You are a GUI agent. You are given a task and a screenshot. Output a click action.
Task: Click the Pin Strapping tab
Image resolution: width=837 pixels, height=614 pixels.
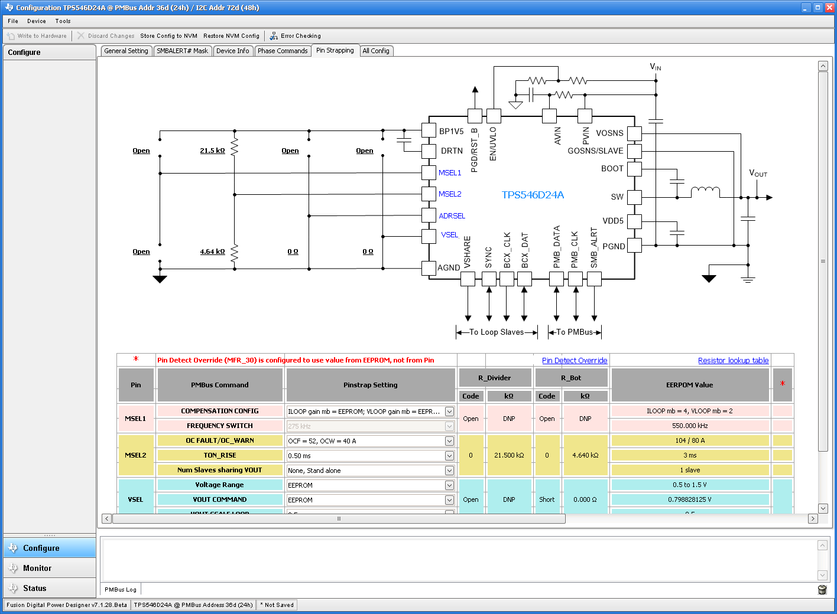335,51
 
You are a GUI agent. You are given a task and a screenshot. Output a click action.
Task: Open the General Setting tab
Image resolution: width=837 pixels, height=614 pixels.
126,51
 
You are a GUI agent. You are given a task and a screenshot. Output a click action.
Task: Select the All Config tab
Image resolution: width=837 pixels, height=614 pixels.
376,51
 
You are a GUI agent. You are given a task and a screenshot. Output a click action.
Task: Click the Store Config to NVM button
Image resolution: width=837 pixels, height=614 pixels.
168,36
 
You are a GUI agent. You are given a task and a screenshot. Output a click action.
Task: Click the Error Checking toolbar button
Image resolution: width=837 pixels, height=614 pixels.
296,36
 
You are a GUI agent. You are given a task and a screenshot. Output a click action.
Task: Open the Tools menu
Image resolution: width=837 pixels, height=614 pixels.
63,21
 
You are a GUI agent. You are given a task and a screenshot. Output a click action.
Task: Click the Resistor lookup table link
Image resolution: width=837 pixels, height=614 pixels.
733,361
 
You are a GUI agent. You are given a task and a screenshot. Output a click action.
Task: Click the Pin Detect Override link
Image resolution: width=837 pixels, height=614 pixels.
575,361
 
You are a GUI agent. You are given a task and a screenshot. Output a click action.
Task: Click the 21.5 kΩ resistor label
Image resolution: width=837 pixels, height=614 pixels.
212,151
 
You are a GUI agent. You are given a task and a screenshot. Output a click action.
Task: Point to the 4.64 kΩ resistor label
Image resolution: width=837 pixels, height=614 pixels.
212,252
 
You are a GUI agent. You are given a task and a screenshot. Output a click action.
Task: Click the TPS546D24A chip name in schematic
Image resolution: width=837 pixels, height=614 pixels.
533,195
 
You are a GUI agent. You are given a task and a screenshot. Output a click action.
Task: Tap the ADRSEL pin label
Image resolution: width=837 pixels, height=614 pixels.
452,216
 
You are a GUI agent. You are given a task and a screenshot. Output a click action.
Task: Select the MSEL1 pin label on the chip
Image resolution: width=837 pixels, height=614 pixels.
449,173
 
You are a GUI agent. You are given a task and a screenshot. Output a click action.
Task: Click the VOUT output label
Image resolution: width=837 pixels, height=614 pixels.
758,174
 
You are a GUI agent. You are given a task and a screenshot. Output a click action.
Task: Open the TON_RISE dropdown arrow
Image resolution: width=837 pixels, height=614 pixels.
449,456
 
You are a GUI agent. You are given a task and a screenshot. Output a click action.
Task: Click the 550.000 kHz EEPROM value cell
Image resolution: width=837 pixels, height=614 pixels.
690,426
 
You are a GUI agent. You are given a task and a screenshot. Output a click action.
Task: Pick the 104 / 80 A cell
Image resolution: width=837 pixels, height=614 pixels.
690,440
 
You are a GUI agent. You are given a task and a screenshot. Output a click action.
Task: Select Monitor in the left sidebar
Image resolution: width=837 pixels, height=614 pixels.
37,569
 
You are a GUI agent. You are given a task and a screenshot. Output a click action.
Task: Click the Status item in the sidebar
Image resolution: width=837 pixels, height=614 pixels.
35,589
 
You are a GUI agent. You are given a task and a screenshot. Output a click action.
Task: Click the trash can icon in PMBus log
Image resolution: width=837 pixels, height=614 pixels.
822,590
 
